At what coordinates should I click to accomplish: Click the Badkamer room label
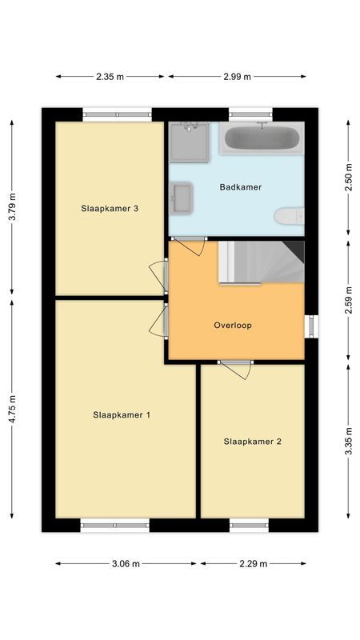point(241,187)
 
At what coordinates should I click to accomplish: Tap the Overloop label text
point(233,326)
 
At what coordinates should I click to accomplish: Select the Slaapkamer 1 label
point(122,414)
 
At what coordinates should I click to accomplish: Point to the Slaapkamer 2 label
point(252,441)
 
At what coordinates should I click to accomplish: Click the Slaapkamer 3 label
point(110,209)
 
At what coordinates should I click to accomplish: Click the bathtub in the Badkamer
point(262,138)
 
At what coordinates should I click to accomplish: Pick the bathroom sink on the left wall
point(182,198)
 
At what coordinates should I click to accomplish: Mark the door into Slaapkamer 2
point(236,369)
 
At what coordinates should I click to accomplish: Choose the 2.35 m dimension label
point(110,77)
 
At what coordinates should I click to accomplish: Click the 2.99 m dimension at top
point(237,77)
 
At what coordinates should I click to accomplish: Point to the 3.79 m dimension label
point(11,206)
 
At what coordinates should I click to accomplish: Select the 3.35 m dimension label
point(349,440)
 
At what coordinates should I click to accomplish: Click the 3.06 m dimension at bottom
point(126,563)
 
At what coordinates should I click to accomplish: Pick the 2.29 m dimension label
point(252,563)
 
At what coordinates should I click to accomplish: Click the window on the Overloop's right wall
point(313,326)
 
